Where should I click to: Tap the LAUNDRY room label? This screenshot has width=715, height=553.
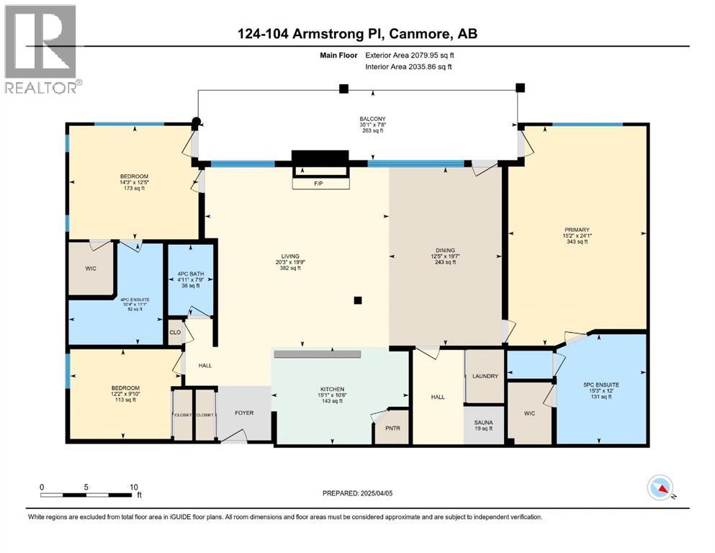point(485,376)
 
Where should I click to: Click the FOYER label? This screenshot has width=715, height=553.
point(246,413)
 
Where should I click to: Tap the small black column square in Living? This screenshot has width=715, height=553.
point(358,300)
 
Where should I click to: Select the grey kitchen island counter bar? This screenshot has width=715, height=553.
point(317,354)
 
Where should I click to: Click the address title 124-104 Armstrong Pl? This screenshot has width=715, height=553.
point(356,33)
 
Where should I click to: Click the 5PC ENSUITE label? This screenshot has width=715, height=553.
point(601,385)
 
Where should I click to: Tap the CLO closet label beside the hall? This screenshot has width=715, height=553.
point(174,333)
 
